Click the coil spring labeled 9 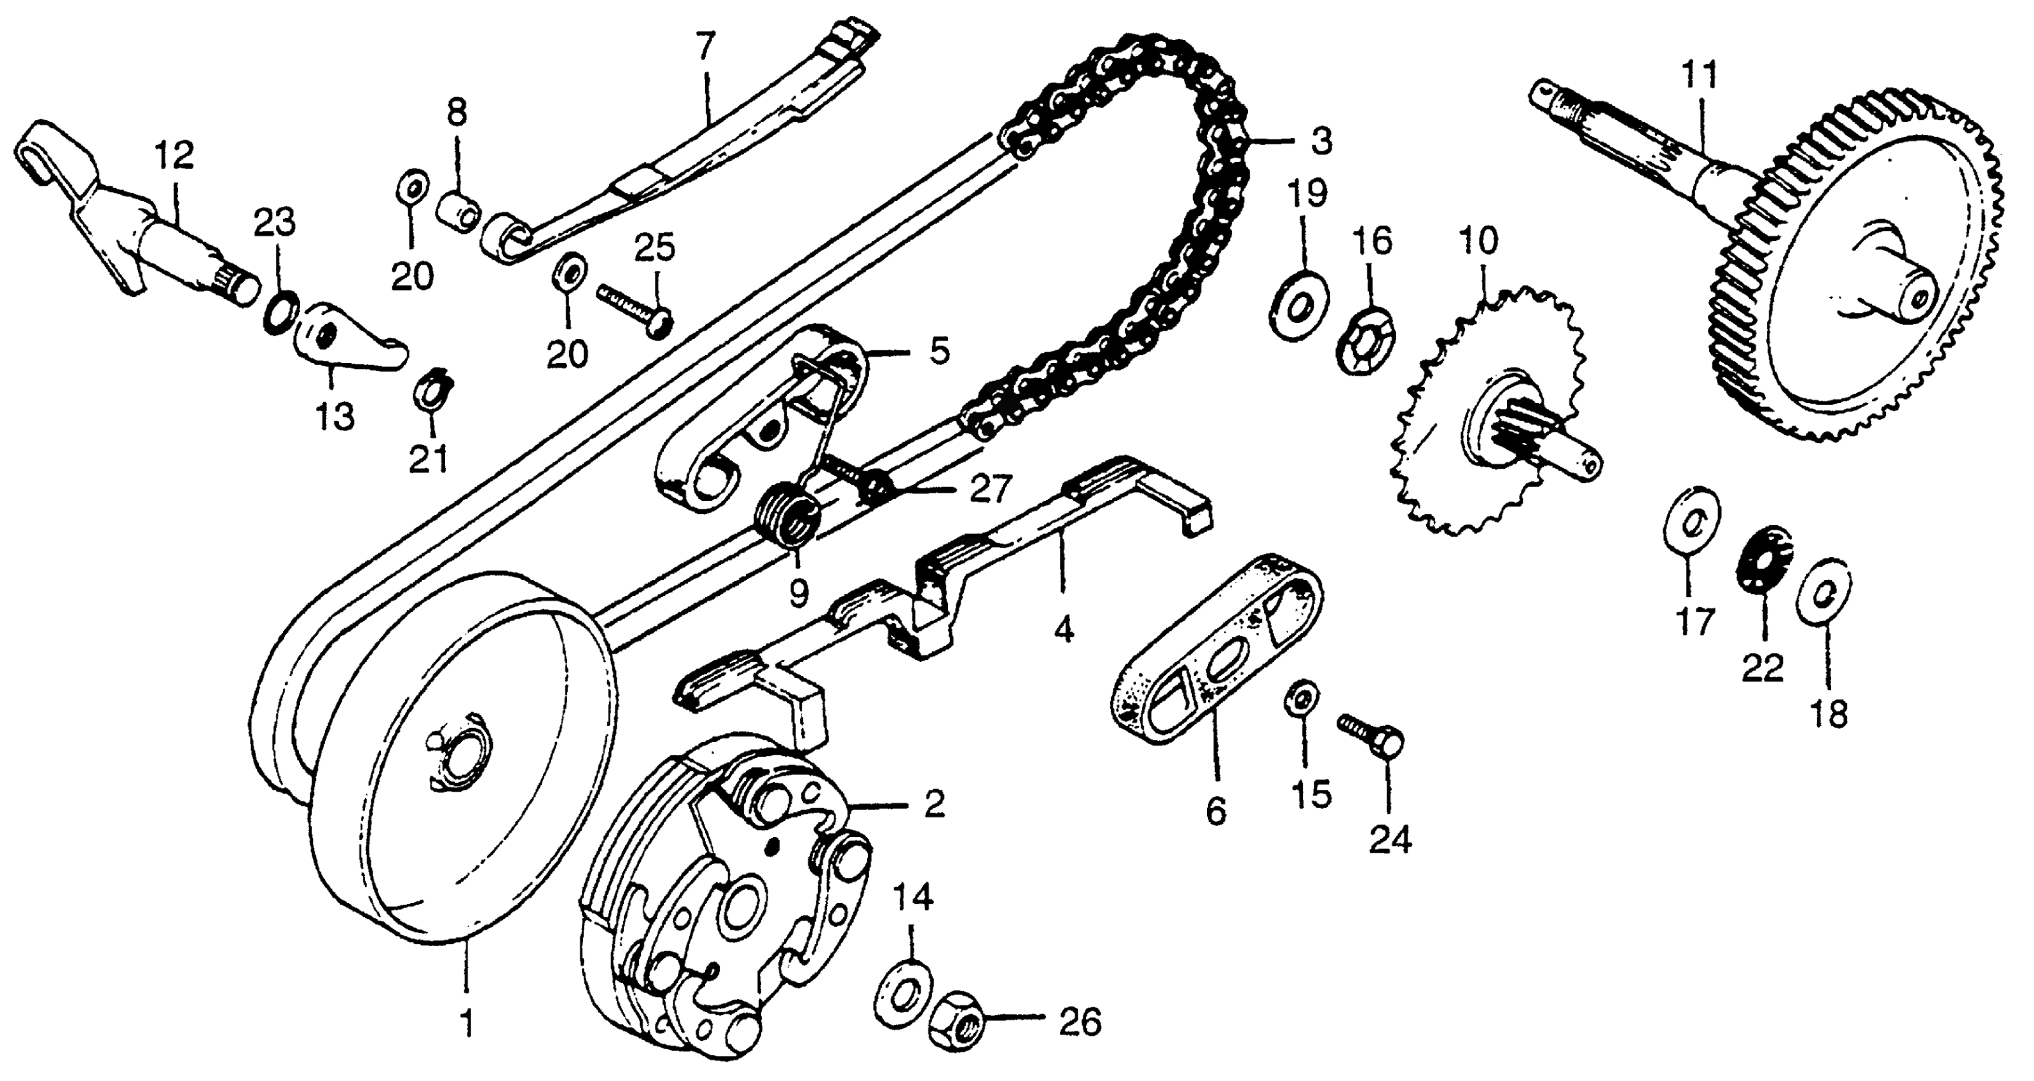[790, 516]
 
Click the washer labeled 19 [1299, 304]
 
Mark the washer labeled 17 [1690, 525]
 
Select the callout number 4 [1064, 630]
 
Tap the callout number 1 [467, 1024]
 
